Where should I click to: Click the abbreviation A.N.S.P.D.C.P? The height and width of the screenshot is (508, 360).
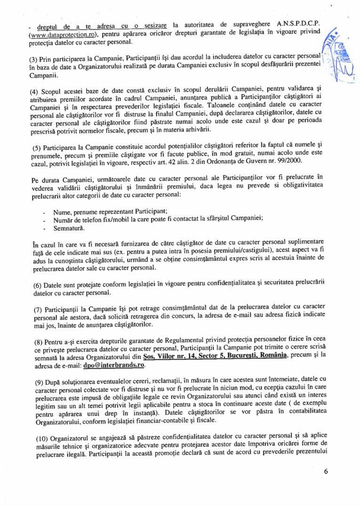tap(299, 24)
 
